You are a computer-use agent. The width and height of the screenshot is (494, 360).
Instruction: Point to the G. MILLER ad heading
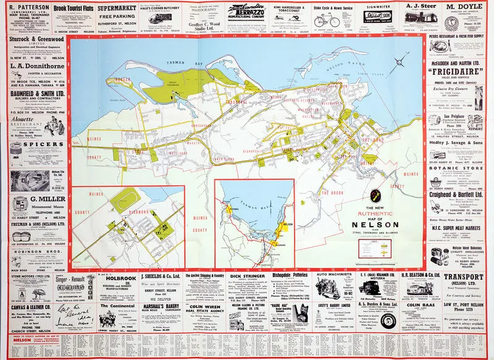(32, 200)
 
